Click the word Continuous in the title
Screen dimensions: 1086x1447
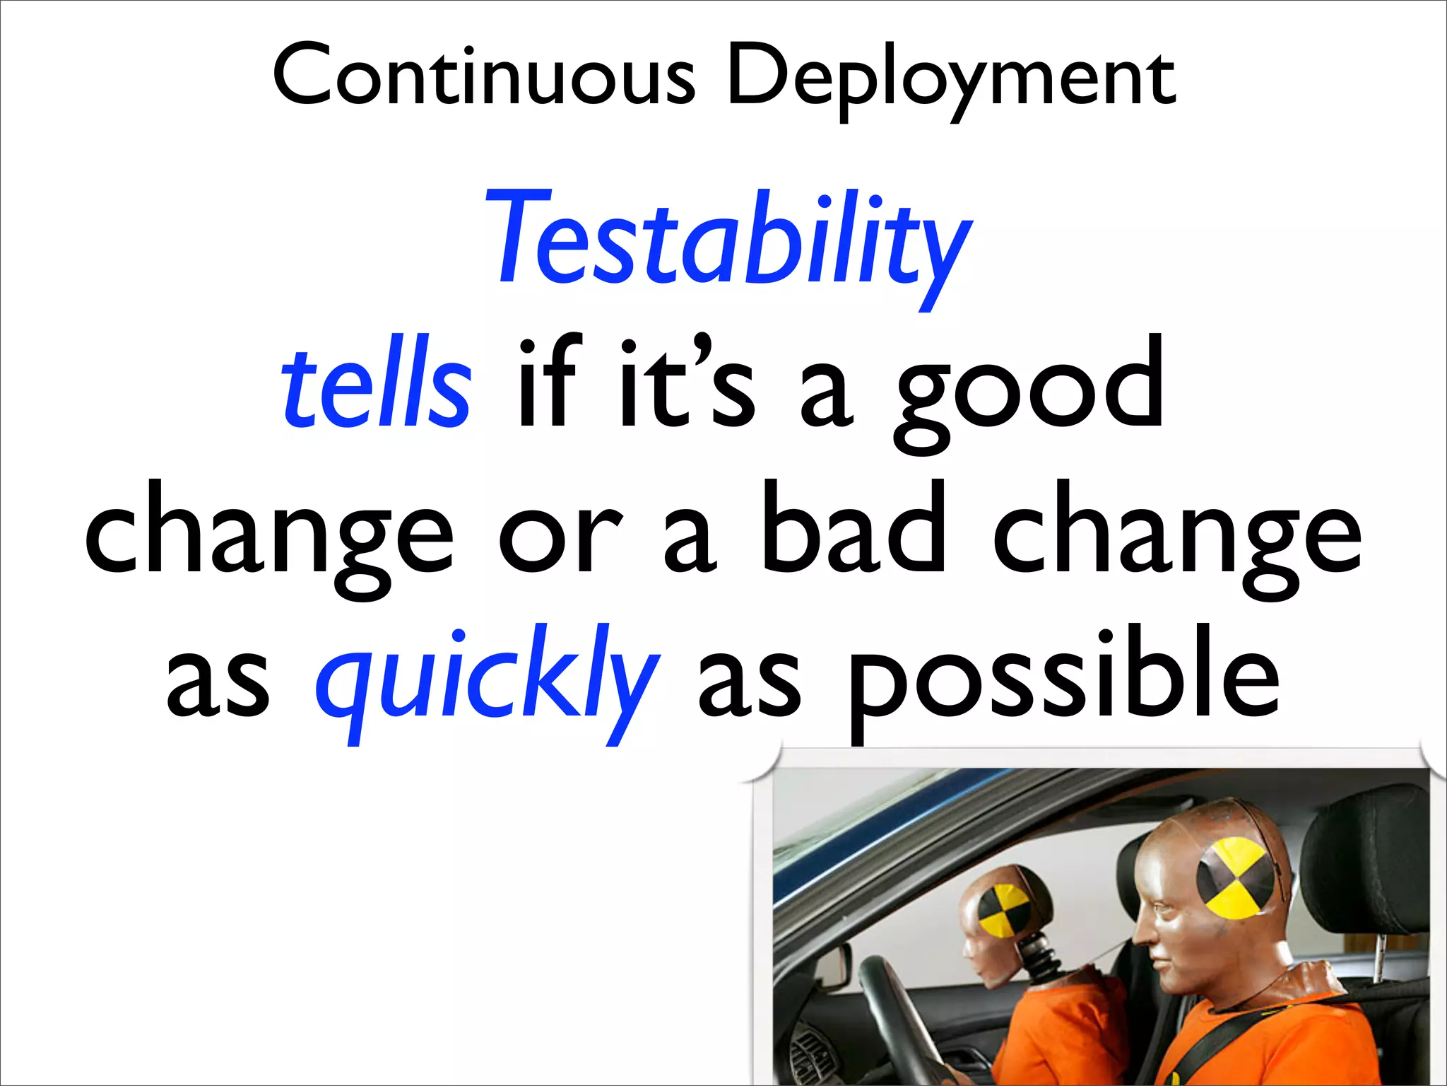(484, 74)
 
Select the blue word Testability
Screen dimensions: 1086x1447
(728, 240)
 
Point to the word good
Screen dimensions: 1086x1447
(1029, 389)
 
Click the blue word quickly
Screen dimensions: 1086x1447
(488, 675)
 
